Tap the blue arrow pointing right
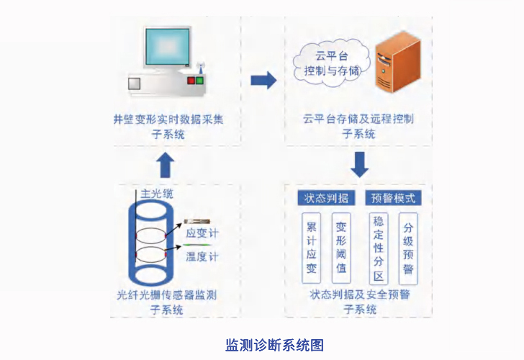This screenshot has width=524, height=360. tap(263, 80)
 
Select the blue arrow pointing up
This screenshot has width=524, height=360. tap(166, 164)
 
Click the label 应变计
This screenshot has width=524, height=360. tap(202, 233)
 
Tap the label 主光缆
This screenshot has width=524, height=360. tap(157, 194)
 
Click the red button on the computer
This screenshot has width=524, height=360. tap(191, 81)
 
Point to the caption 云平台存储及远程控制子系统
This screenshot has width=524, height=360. tap(358, 126)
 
